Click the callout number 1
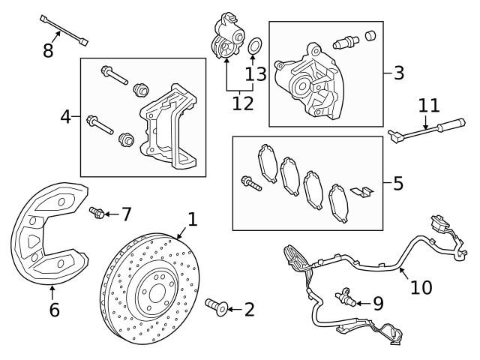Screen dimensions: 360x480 coord(193,220)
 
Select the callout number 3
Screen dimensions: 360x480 coord(398,73)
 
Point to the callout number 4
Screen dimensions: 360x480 coord(66,117)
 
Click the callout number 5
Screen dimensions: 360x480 coord(397,182)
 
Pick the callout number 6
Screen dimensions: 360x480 coord(54,309)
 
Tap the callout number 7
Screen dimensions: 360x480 coord(126,214)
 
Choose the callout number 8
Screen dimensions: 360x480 coord(49,52)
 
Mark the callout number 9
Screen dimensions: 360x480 coord(377,303)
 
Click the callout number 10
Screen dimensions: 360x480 coord(421,286)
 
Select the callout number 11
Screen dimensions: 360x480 coord(428,105)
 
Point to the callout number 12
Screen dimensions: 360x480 coord(242,103)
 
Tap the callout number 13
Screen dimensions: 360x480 coord(256,73)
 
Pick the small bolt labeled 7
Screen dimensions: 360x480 coord(96,213)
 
